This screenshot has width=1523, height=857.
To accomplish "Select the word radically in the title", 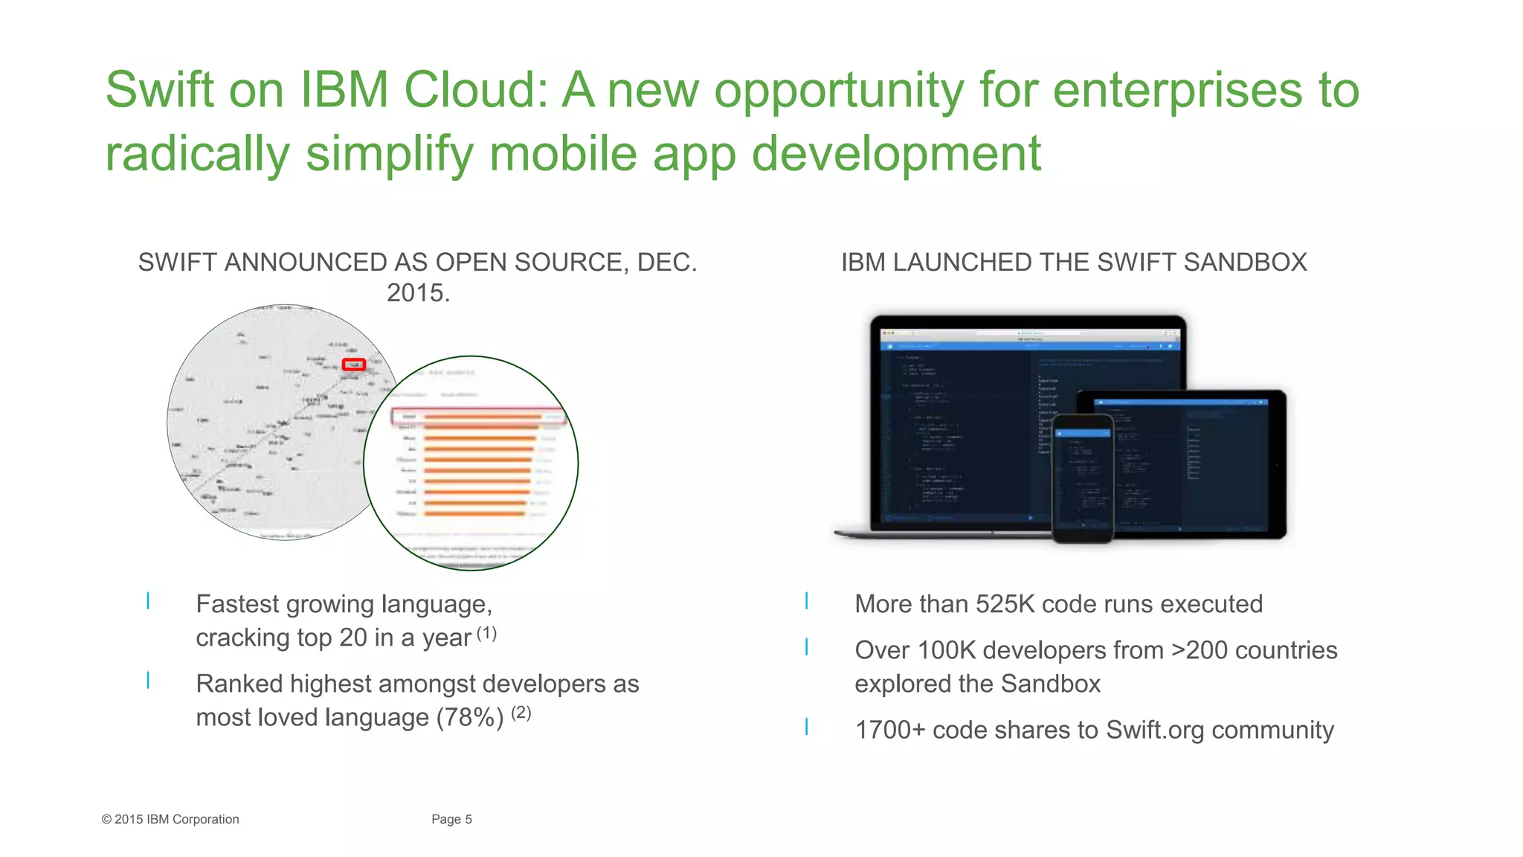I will click(197, 154).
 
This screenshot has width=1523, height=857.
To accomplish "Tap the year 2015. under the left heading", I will click(418, 293).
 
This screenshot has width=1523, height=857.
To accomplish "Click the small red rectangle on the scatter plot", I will click(353, 365).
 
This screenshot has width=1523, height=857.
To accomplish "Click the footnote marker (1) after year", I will click(486, 633).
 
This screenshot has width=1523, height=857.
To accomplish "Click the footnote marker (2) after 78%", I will click(521, 713).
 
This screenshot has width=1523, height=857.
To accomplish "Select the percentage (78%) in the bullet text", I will click(470, 718).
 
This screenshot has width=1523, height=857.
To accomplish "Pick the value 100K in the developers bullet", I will click(946, 650).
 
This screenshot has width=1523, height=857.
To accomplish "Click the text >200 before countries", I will click(1199, 650).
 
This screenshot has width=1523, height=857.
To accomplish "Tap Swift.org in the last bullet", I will click(1154, 730).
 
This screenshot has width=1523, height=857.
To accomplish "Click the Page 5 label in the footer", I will click(451, 819).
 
